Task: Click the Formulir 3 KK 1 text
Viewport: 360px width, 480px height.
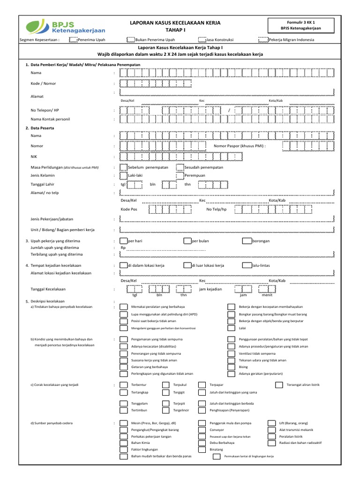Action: click(x=300, y=22)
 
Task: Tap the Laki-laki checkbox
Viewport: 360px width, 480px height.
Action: click(x=124, y=176)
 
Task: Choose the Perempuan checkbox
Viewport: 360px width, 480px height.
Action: click(x=180, y=176)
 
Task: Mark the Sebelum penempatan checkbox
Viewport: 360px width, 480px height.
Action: click(x=124, y=167)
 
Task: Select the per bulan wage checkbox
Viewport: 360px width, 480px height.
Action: click(x=187, y=241)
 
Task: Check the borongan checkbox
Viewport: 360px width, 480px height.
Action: click(x=247, y=241)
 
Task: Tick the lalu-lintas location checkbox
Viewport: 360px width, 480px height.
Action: click(x=247, y=265)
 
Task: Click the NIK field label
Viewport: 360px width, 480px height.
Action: click(x=34, y=156)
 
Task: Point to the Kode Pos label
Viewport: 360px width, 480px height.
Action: click(x=129, y=209)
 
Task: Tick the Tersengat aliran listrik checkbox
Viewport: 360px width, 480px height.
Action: click(x=279, y=384)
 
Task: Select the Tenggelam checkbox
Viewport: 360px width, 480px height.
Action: click(x=123, y=403)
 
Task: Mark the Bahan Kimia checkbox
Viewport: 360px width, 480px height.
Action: click(x=123, y=442)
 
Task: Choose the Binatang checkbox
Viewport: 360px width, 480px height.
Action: click(x=202, y=449)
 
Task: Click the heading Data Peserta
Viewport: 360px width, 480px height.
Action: click(x=42, y=128)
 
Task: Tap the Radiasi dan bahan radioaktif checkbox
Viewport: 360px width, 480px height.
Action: click(x=270, y=442)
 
